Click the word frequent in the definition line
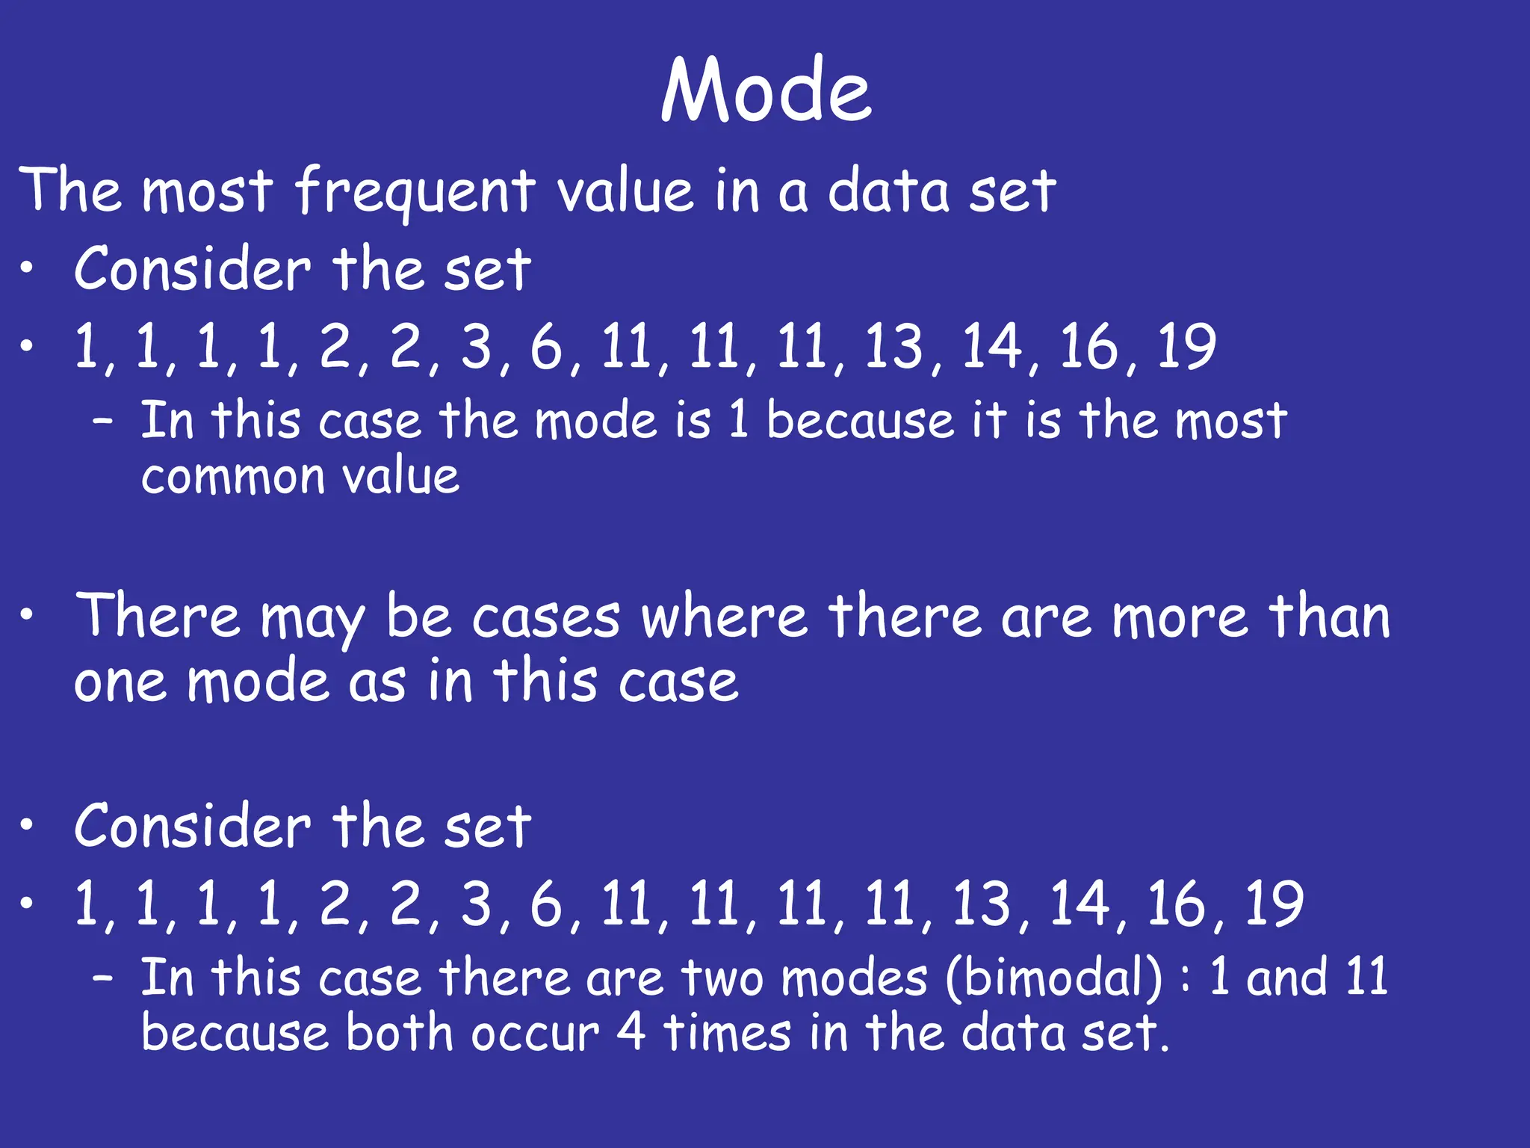coord(415,191)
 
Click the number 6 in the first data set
coord(546,347)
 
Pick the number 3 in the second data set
coord(477,904)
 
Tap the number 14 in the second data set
coord(1079,904)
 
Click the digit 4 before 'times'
coord(631,1033)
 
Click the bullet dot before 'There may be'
coord(27,616)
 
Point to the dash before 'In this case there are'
coord(103,978)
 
